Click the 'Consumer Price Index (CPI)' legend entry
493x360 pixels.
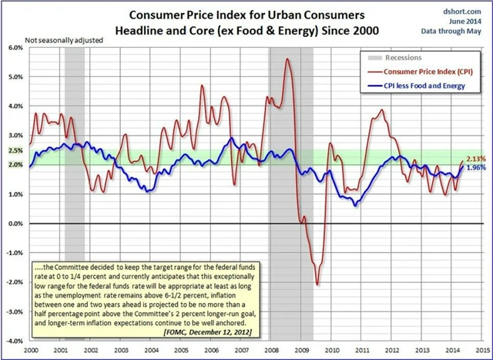pyautogui.click(x=424, y=71)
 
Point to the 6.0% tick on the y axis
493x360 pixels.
pyautogui.click(x=16, y=47)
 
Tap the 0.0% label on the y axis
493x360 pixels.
pyautogui.click(x=16, y=224)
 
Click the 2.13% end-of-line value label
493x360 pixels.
pyautogui.click(x=476, y=159)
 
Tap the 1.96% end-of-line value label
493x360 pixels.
pyautogui.click(x=476, y=167)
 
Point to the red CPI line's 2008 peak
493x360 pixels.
pyautogui.click(x=287, y=59)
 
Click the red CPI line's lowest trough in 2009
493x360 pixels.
pyautogui.click(x=317, y=284)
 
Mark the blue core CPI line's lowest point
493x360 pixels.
pyautogui.click(x=355, y=205)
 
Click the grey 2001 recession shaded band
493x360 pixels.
pyautogui.click(x=74, y=193)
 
